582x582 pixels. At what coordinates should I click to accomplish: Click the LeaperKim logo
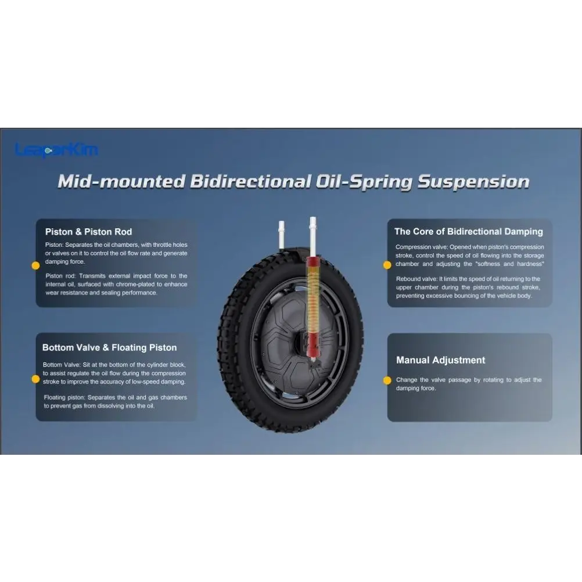point(57,150)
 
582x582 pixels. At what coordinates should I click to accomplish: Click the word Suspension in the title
point(473,182)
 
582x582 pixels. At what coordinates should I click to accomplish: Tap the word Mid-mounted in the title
point(121,181)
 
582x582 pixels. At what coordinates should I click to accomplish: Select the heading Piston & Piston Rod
point(88,232)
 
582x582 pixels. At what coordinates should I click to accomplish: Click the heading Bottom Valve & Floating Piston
point(110,348)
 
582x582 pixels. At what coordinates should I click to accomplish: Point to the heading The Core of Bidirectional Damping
point(468,232)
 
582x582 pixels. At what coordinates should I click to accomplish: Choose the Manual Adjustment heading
point(441,360)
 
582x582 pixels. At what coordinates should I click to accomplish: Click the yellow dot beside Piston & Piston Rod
point(35,266)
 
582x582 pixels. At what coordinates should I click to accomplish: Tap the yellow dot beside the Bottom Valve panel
point(35,379)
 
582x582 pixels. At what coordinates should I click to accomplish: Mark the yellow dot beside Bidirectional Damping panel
point(387,265)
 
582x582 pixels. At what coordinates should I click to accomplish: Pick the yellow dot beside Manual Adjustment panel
point(387,380)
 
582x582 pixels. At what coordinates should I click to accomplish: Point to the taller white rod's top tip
point(313,217)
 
